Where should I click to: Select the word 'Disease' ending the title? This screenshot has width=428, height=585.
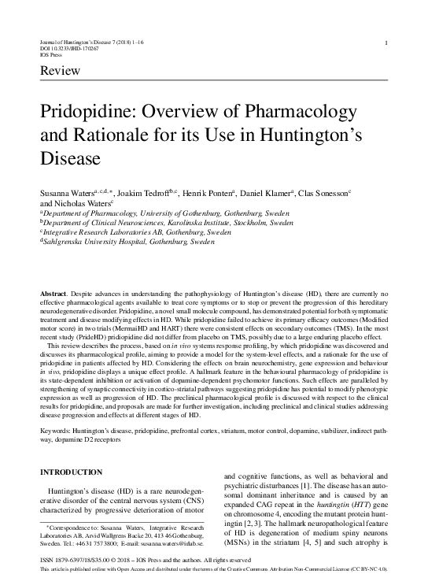coord(70,157)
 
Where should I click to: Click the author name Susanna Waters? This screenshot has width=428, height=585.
coord(67,191)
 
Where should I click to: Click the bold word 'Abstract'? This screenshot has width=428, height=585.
coord(53,293)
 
